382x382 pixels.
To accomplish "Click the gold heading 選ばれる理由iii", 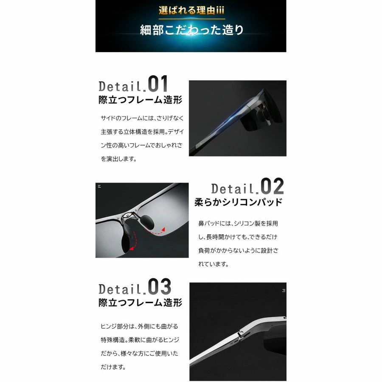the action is pyautogui.click(x=191, y=11).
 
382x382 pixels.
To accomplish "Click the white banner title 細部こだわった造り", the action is pyautogui.click(x=192, y=30).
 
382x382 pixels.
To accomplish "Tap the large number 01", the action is pyautogui.click(x=158, y=84).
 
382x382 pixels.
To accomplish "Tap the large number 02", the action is pyautogui.click(x=272, y=186).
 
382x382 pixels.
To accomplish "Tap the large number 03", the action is pyautogui.click(x=160, y=286).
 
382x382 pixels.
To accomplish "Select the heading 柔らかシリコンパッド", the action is pyautogui.click(x=239, y=202).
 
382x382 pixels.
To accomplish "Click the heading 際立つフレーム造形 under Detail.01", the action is pyautogui.click(x=140, y=100).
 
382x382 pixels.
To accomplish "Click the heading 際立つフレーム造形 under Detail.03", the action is pyautogui.click(x=140, y=303).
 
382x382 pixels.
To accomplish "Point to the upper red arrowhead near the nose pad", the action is pyautogui.click(x=163, y=230).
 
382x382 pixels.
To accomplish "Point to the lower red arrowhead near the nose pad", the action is pyautogui.click(x=132, y=248).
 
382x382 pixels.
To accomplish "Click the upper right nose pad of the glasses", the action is pyautogui.click(x=148, y=222).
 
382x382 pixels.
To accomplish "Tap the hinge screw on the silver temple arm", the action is pyautogui.click(x=241, y=333).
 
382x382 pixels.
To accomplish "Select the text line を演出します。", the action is pyautogui.click(x=119, y=159).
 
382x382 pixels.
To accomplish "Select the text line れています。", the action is pyautogui.click(x=213, y=264).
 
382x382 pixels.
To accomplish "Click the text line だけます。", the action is pyautogui.click(x=113, y=367).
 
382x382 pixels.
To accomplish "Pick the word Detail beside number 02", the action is pyautogui.click(x=233, y=189).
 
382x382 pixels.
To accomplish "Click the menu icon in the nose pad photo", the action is pyautogui.click(x=99, y=186).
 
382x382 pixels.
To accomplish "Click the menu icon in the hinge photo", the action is pyautogui.click(x=284, y=290).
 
